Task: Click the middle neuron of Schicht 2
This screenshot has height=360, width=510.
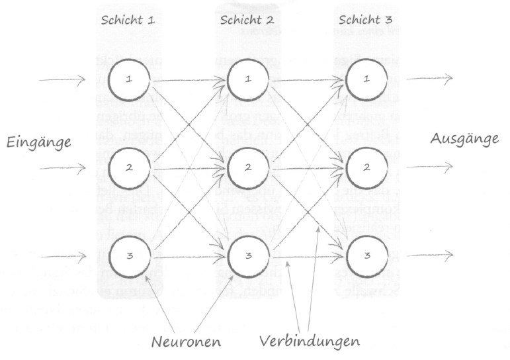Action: click(x=247, y=167)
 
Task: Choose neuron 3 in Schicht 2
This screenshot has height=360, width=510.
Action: click(x=247, y=255)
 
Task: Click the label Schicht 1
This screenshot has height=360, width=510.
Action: click(x=128, y=19)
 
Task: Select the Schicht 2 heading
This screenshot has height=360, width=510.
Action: click(x=247, y=19)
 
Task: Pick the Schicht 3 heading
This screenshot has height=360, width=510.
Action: click(x=366, y=19)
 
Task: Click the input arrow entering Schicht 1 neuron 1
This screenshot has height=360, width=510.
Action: click(x=63, y=80)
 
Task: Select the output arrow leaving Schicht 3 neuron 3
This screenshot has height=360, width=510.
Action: click(x=429, y=255)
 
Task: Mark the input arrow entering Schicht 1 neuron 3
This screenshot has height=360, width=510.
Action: click(x=63, y=255)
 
